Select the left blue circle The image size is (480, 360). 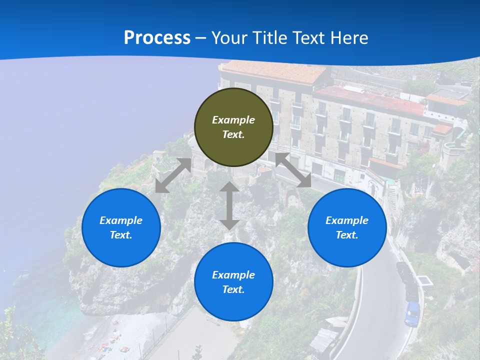(x=121, y=227)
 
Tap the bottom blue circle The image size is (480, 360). (x=233, y=282)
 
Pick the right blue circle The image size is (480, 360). (x=347, y=227)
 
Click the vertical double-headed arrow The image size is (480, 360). (x=229, y=205)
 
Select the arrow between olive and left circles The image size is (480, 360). (x=173, y=175)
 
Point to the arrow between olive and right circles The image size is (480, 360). (x=293, y=170)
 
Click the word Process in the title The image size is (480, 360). (x=157, y=37)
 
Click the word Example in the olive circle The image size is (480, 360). (x=233, y=120)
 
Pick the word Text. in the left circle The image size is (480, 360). (x=121, y=235)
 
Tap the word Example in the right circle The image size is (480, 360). (x=347, y=220)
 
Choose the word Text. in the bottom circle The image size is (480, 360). (x=233, y=289)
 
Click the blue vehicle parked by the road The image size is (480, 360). (x=412, y=313)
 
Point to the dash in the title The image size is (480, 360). (x=201, y=38)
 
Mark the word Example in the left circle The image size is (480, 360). (x=121, y=220)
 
